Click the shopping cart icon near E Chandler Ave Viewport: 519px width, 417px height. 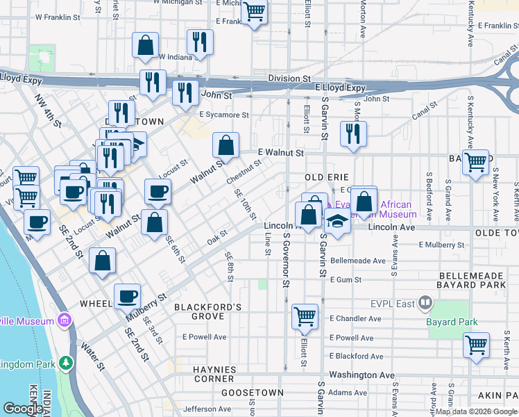[x=305, y=316]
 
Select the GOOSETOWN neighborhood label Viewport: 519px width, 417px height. [x=253, y=393]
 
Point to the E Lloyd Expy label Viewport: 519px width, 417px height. [x=340, y=88]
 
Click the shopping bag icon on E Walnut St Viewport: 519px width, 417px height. [x=226, y=147]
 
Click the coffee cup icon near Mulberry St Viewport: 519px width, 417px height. [x=128, y=297]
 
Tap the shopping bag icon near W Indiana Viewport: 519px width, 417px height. [x=146, y=46]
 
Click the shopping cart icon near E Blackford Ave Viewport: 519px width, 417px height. [x=476, y=345]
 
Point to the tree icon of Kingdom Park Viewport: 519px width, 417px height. [x=66, y=363]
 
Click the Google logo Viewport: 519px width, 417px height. [x=24, y=409]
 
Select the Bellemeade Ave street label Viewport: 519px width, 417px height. [x=358, y=261]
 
